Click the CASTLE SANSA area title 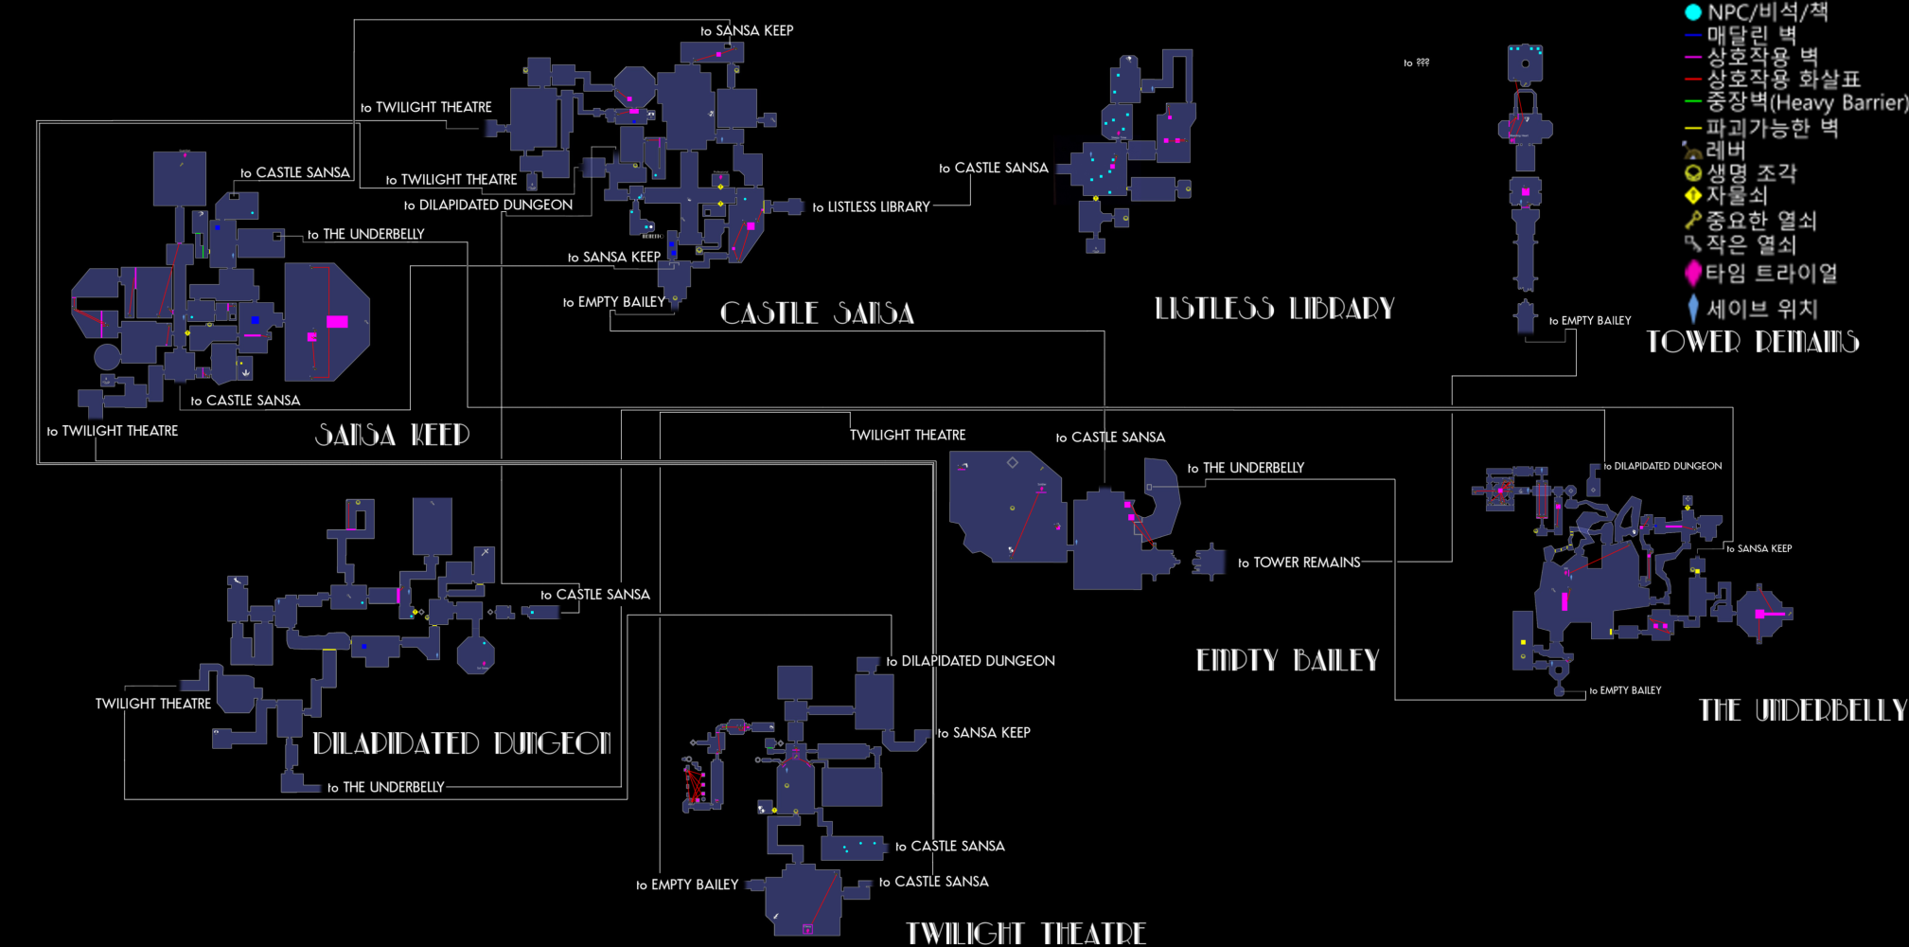817,313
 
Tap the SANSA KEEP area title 392,435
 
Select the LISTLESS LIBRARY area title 1274,309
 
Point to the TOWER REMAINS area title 1752,342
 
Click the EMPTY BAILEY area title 1287,660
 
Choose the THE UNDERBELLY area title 1802,710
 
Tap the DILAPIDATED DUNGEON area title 462,743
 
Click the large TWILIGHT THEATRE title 1026,934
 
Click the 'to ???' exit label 1416,63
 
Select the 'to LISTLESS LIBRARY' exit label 871,206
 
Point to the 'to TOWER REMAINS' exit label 1299,563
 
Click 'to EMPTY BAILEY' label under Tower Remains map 1590,321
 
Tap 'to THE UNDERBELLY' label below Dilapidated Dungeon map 385,787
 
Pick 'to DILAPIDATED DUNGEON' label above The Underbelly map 1662,466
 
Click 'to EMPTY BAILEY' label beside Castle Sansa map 614,302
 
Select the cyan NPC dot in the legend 1693,12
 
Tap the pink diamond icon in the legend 1693,274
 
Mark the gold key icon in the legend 1693,221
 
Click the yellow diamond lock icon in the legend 1693,196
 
